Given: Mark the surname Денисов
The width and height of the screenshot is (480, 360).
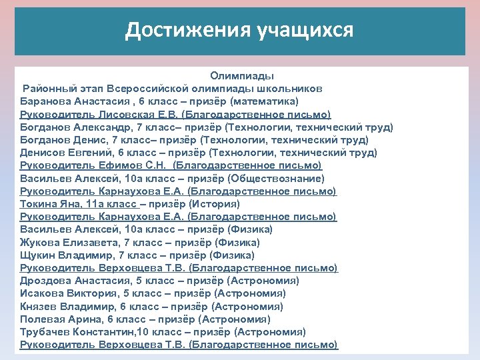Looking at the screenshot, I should pos(42,153).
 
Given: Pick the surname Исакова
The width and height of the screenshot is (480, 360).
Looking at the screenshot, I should pos(41,293).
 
